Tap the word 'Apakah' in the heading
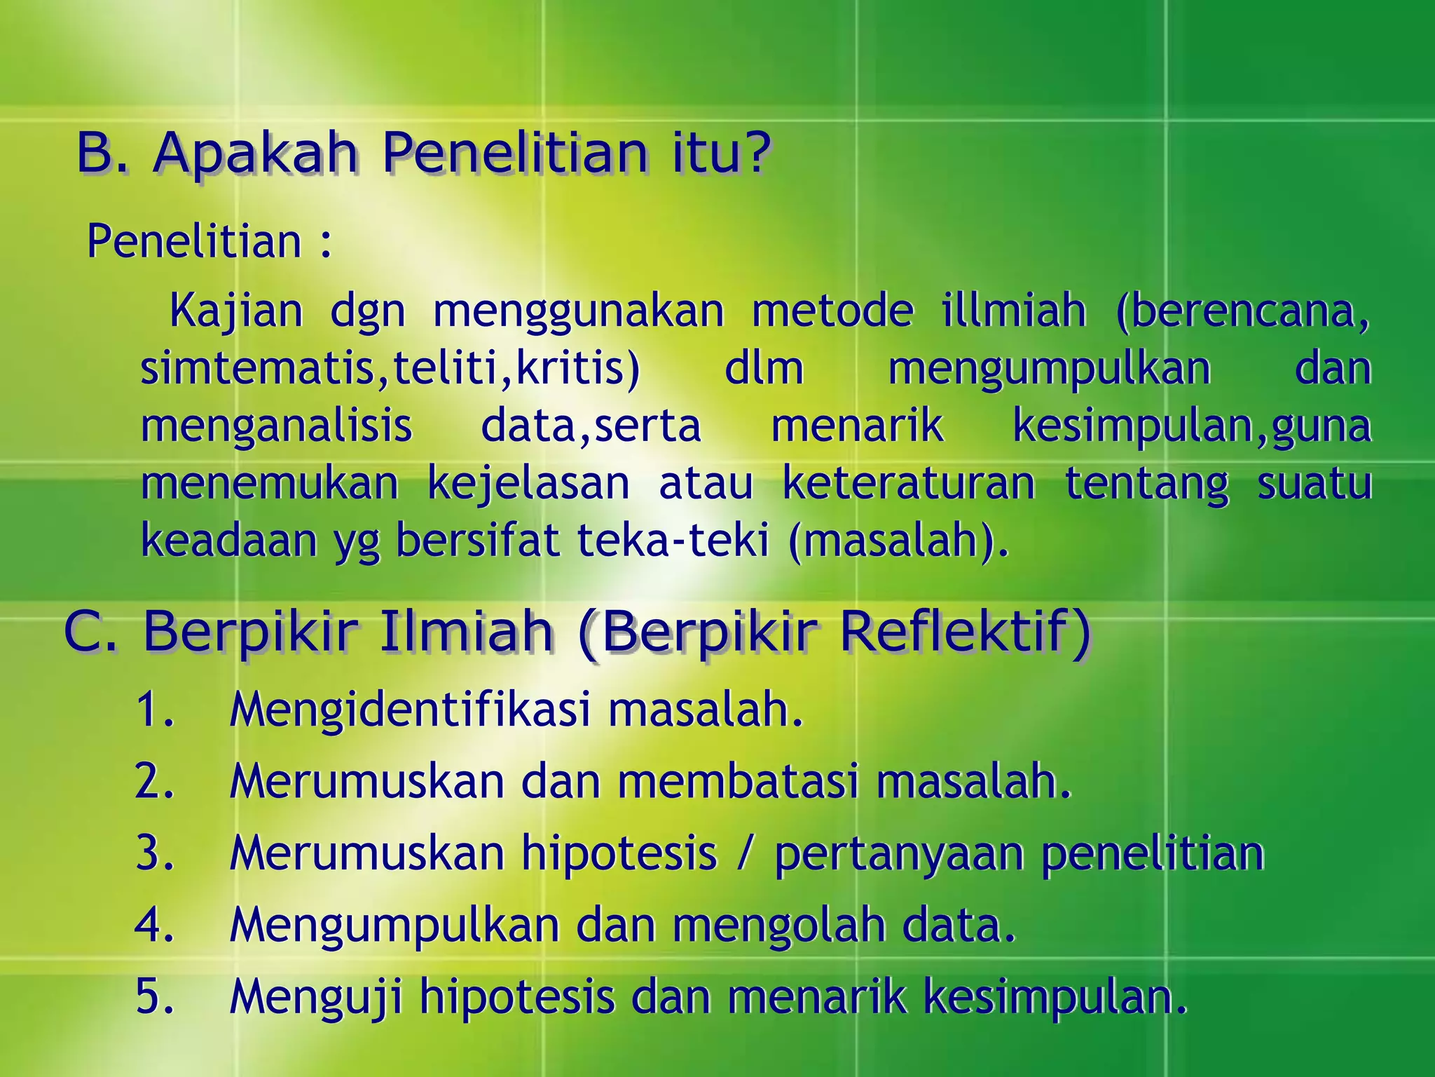coord(255,154)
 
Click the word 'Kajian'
coord(236,311)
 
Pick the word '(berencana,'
coord(1243,311)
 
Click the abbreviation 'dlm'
coord(764,368)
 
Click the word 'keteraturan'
coord(909,483)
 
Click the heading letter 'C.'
coord(90,631)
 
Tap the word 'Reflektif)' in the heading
coord(965,631)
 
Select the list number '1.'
coord(155,709)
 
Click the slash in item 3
coord(746,853)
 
